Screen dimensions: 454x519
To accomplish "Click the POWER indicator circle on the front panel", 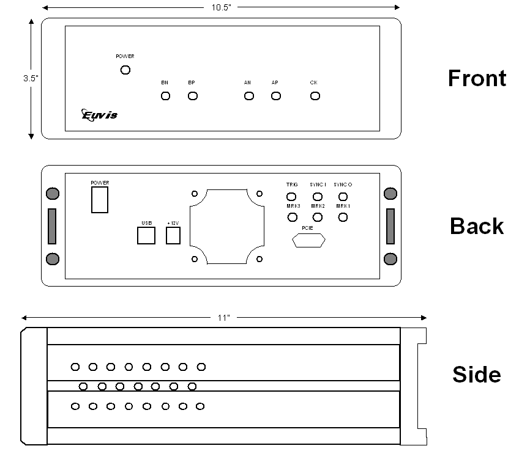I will [125, 70].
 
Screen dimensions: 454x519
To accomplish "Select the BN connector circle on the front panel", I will [165, 96].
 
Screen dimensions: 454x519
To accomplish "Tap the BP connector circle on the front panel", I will [193, 96].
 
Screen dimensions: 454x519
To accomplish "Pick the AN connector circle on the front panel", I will [248, 96].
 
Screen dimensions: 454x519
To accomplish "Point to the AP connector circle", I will [276, 96].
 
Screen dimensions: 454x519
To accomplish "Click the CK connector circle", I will [315, 96].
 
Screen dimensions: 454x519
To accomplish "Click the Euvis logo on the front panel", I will [99, 114].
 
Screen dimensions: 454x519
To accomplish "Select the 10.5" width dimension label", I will [221, 7].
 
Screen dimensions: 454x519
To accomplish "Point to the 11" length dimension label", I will [224, 318].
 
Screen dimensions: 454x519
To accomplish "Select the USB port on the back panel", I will [146, 235].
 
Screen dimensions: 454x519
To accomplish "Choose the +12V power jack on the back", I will [173, 235].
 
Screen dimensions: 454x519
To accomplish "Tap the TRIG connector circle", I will [292, 197].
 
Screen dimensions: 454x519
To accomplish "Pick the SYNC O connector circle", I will [343, 197].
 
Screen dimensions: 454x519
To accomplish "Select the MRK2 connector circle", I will [317, 217].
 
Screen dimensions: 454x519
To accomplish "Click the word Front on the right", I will [477, 78].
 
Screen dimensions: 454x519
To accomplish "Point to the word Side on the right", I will [476, 374].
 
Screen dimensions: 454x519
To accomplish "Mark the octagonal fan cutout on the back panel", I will [227, 227].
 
